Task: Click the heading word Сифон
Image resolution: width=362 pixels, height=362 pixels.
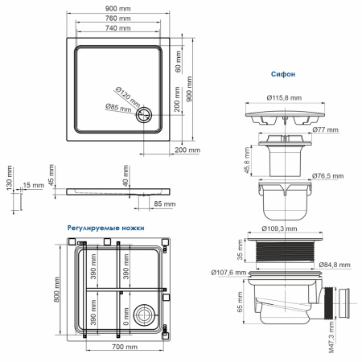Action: coord(284,73)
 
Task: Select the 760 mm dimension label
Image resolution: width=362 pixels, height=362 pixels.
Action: coord(120,19)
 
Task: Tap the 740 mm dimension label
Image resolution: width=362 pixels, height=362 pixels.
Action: coord(120,29)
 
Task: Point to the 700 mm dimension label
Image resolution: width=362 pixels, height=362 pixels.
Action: coord(122,347)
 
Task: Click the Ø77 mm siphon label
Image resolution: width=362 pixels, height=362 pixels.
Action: coord(324,129)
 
